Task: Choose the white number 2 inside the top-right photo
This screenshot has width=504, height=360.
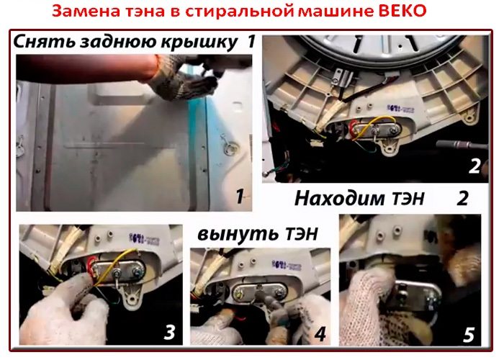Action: point(473,166)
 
